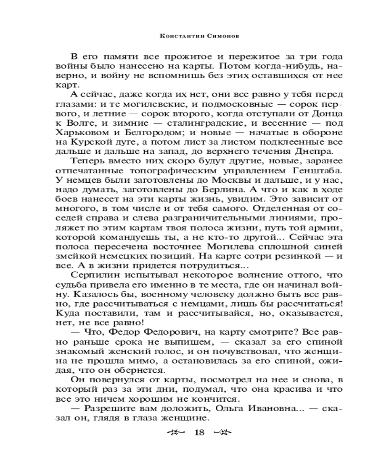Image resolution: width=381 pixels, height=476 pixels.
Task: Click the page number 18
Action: [x=199, y=432]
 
